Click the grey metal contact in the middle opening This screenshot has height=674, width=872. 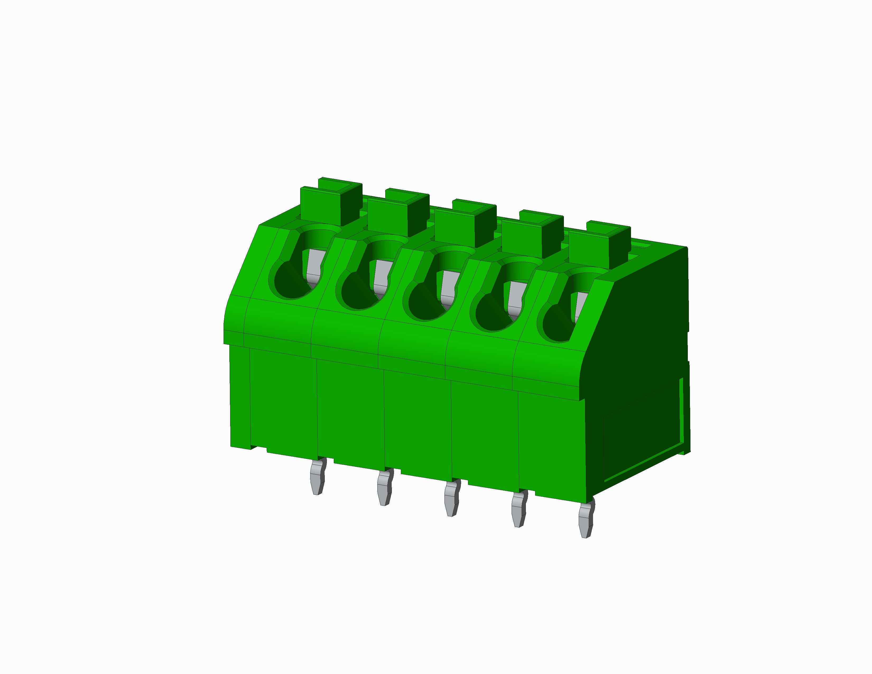(448, 287)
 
